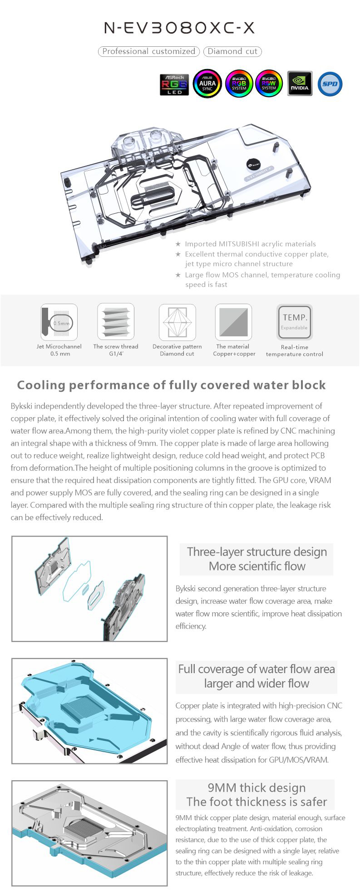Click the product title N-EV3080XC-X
pyautogui.click(x=179, y=28)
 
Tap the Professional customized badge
pyautogui.click(x=149, y=51)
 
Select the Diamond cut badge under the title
pyautogui.click(x=232, y=51)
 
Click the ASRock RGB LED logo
pyautogui.click(x=174, y=84)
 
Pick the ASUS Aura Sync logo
pyautogui.click(x=207, y=84)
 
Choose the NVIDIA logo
pyautogui.click(x=300, y=84)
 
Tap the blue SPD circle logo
pyautogui.click(x=330, y=84)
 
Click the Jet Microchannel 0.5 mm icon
pyautogui.click(x=59, y=322)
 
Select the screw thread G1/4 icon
pyautogui.click(x=116, y=321)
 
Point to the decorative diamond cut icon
pyautogui.click(x=177, y=322)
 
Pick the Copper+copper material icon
pyautogui.click(x=233, y=322)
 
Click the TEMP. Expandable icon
pyautogui.click(x=295, y=322)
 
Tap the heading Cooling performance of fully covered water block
pyautogui.click(x=171, y=385)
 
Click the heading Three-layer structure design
pyautogui.click(x=256, y=552)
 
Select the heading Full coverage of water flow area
pyautogui.click(x=256, y=669)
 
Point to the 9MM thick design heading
pyautogui.click(x=256, y=788)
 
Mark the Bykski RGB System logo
pyautogui.click(x=239, y=84)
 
